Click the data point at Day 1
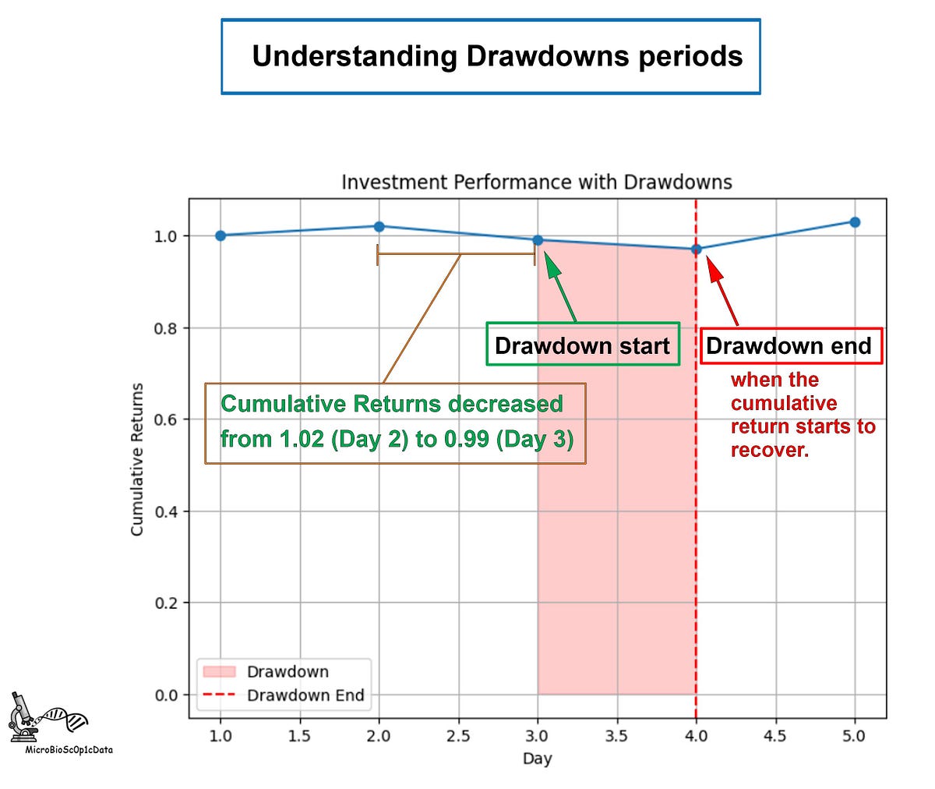click(x=221, y=235)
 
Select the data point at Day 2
click(x=379, y=226)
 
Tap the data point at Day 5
click(x=855, y=222)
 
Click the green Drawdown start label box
click(x=583, y=345)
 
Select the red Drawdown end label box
click(x=789, y=345)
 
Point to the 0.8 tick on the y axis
click(x=168, y=327)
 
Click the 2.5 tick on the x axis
click(x=458, y=735)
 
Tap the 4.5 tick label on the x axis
click(x=775, y=735)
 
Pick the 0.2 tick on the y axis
click(x=168, y=603)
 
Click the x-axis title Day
click(x=537, y=759)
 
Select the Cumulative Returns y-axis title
click(x=137, y=459)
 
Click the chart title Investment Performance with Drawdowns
click(x=537, y=182)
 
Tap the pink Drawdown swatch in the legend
click(x=218, y=671)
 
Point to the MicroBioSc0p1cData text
click(x=69, y=750)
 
